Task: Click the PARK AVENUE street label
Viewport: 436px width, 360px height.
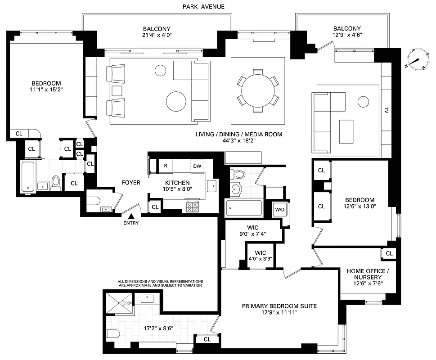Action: point(203,6)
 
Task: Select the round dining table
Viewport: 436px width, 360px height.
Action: point(257,90)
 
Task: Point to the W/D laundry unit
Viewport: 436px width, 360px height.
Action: point(279,209)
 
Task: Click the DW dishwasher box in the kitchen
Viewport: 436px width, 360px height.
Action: point(197,166)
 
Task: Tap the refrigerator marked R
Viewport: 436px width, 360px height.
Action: point(166,166)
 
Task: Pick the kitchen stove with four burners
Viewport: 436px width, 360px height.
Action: point(193,207)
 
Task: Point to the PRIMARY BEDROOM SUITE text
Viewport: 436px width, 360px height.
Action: point(279,306)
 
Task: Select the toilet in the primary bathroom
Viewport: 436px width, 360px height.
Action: point(113,334)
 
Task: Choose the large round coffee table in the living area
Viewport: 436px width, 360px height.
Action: point(176,102)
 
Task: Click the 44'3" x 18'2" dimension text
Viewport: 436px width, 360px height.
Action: point(238,141)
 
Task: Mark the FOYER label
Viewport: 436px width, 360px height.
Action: point(131,183)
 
